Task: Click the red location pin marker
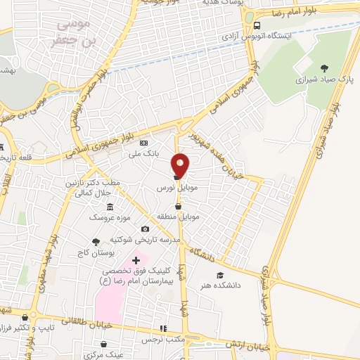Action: [181, 165]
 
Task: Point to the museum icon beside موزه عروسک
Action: [110, 207]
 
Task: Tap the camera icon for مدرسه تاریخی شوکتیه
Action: [146, 229]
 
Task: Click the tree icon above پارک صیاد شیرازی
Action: [323, 68]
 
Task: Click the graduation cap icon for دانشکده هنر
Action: [220, 275]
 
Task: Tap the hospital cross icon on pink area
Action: [136, 260]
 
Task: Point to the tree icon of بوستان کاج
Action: [96, 242]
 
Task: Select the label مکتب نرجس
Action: [172, 340]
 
